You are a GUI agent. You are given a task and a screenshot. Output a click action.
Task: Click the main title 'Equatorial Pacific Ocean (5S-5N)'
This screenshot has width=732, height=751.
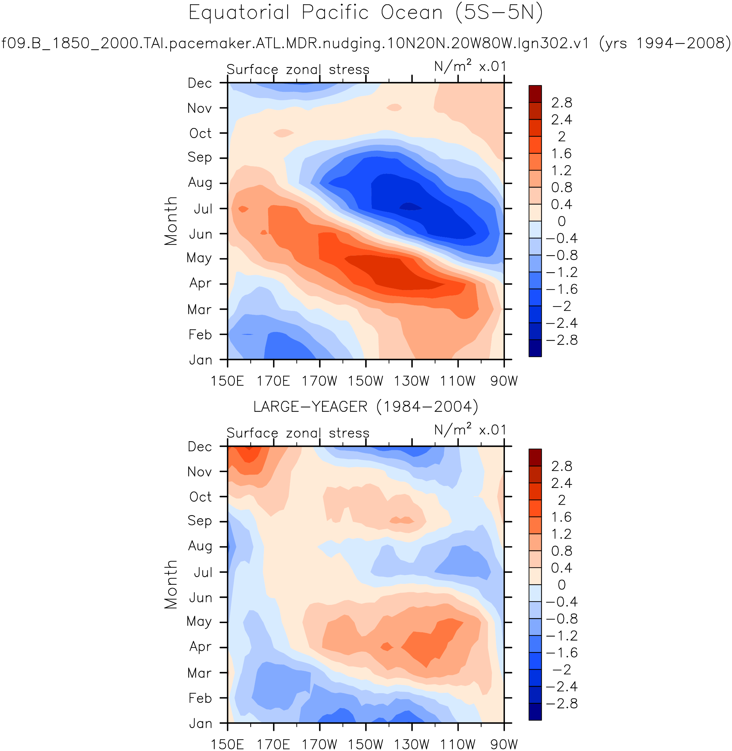(365, 13)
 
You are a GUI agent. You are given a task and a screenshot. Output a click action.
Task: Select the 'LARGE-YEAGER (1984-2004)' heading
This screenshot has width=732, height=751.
(366, 407)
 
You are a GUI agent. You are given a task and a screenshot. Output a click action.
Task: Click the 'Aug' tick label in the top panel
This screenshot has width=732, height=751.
(200, 182)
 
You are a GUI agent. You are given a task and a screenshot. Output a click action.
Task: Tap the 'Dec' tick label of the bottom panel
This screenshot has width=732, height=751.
(200, 447)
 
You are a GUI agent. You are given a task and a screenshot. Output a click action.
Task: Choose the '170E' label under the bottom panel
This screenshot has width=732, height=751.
(273, 745)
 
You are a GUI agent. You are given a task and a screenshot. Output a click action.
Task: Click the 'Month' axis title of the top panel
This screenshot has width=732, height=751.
(171, 221)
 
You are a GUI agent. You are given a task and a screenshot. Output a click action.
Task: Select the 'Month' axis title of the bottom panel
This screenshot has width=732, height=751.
(171, 585)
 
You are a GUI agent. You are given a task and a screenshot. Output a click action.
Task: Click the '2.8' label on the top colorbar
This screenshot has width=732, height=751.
(561, 103)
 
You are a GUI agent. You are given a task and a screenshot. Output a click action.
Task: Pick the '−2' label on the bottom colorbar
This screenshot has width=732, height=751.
(562, 670)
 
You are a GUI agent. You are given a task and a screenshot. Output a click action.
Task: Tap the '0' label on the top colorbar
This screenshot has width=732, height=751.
(562, 221)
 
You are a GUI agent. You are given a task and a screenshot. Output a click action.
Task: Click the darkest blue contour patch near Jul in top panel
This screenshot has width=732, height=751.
(411, 207)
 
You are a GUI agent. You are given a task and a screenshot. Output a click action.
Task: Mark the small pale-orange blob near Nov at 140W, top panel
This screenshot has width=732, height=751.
(394, 107)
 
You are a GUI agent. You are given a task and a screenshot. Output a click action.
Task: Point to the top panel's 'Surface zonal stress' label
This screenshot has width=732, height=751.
(298, 69)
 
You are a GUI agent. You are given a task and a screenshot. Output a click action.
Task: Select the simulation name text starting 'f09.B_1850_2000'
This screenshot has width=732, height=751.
(295, 43)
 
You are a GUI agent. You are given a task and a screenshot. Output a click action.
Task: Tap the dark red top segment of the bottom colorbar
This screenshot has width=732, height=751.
(535, 457)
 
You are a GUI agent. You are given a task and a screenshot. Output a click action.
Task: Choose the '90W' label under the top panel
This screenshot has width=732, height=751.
(504, 381)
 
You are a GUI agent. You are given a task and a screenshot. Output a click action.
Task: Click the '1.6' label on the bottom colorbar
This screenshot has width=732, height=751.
(561, 517)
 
